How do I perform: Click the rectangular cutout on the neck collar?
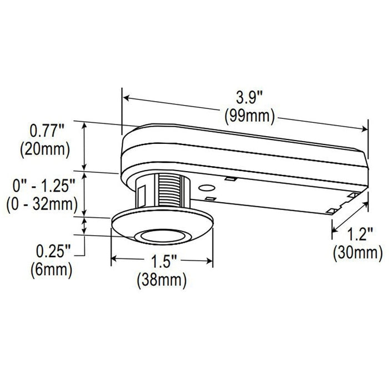tap(141, 194)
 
